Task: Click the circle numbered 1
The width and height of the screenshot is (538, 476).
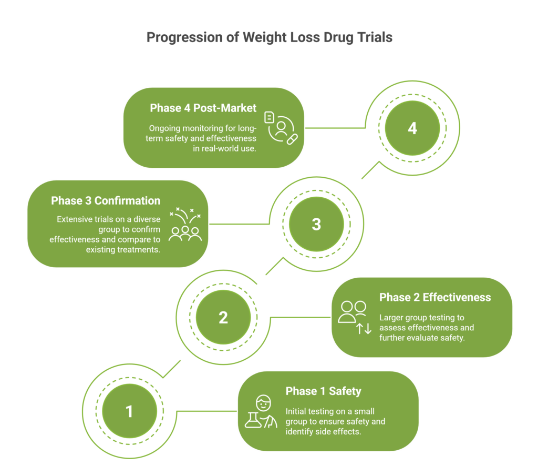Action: point(129,411)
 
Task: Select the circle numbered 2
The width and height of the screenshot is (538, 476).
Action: point(223,318)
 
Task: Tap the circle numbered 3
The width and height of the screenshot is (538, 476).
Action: point(316,224)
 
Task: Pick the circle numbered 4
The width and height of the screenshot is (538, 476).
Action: point(412,128)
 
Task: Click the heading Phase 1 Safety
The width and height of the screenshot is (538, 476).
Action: point(323,391)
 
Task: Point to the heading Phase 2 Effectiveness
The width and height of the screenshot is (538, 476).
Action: point(435,297)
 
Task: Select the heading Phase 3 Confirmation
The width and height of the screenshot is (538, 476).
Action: point(106,200)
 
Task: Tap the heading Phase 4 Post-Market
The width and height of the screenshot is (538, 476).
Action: point(203,108)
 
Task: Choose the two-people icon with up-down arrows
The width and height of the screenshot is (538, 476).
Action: point(353,318)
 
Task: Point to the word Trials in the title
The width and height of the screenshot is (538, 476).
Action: point(375,38)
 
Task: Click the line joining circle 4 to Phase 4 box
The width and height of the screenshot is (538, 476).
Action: point(335,128)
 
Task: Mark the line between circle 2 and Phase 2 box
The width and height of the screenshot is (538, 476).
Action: point(299,318)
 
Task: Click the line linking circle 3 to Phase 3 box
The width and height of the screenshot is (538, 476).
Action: point(239,224)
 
